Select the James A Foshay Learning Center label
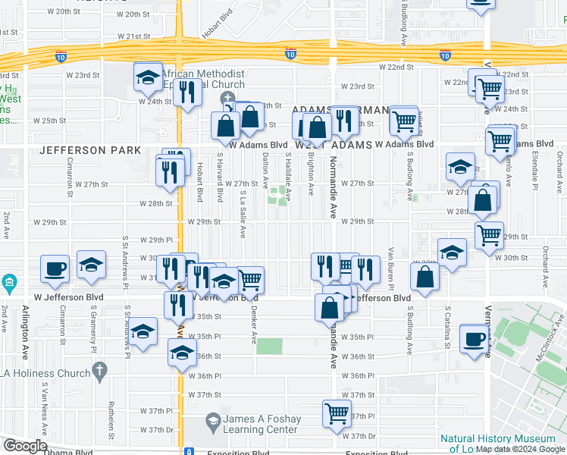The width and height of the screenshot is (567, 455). tap(263, 424)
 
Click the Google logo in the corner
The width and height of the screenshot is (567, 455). tap(24, 446)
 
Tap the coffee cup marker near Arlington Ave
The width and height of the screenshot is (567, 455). tap(55, 268)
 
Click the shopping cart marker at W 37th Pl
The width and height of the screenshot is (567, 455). tap(337, 413)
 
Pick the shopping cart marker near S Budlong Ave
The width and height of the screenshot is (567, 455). tap(404, 119)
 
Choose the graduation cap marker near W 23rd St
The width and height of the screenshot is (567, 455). tap(148, 76)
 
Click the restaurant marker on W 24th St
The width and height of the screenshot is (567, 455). tap(186, 92)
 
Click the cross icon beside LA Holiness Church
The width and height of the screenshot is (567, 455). tap(98, 370)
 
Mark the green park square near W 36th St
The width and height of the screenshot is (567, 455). tap(268, 346)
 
